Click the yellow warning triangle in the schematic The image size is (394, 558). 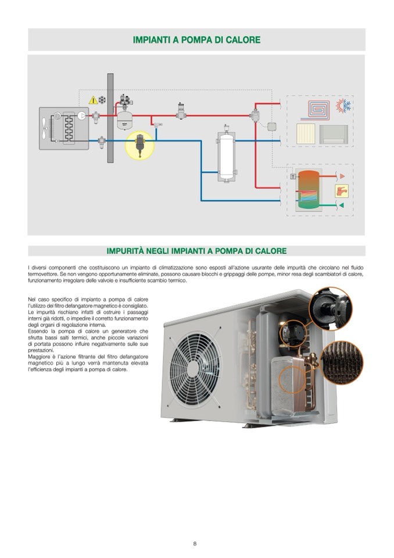pyautogui.click(x=93, y=100)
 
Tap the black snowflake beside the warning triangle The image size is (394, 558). pyautogui.click(x=102, y=100)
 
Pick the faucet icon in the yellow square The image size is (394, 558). pyautogui.click(x=342, y=191)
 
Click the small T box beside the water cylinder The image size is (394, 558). pyautogui.click(x=293, y=176)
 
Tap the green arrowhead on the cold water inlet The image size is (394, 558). pyautogui.click(x=342, y=205)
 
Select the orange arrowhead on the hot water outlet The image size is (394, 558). pyautogui.click(x=342, y=176)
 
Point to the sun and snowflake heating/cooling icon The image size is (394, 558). pyautogui.click(x=343, y=106)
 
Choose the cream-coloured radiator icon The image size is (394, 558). pyautogui.click(x=306, y=134)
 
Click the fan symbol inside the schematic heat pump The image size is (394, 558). pyautogui.click(x=44, y=128)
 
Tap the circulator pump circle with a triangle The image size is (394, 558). pyautogui.click(x=82, y=116)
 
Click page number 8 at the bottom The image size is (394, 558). pyautogui.click(x=195, y=543)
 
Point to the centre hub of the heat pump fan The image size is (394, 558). pyautogui.click(x=192, y=369)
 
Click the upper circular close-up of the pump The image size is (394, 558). pyautogui.click(x=330, y=308)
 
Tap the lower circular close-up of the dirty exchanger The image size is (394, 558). pyautogui.click(x=342, y=362)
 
